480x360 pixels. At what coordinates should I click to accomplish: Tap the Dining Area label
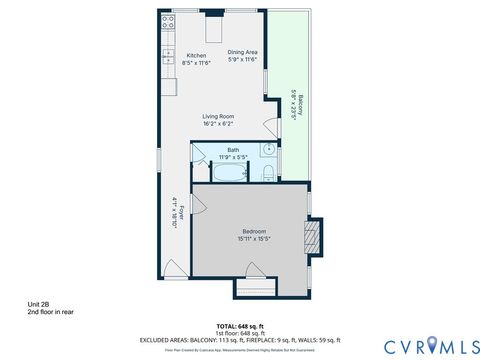242,52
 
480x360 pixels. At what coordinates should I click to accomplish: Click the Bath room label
233,150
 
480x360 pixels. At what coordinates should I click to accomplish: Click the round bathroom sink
268,151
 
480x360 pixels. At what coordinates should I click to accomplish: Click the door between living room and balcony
273,126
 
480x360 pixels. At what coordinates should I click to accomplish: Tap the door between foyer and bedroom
199,202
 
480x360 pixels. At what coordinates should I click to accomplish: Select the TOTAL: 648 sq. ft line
240,326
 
